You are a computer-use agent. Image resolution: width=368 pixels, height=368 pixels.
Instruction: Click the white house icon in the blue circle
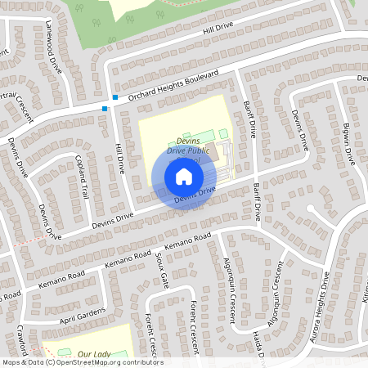pos(183,176)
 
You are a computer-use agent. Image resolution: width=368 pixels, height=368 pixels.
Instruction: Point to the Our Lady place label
pos(94,354)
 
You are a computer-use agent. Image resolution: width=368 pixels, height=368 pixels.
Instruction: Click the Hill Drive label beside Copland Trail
pos(119,153)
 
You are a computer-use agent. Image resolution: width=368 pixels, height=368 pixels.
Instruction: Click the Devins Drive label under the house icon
pos(195,195)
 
